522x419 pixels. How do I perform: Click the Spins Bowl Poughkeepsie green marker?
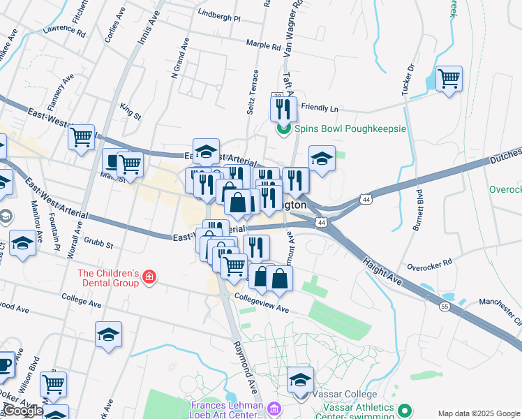pos(283,129)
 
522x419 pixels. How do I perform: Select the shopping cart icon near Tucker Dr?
pos(449,78)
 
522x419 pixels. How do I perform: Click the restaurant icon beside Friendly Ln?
pos(283,108)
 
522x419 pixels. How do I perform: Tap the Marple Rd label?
pos(263,44)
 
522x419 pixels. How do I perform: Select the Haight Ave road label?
pos(383,270)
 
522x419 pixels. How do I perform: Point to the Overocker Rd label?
pos(430,265)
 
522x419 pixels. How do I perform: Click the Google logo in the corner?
pos(23,411)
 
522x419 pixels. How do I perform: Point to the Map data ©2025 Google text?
pos(479,413)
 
